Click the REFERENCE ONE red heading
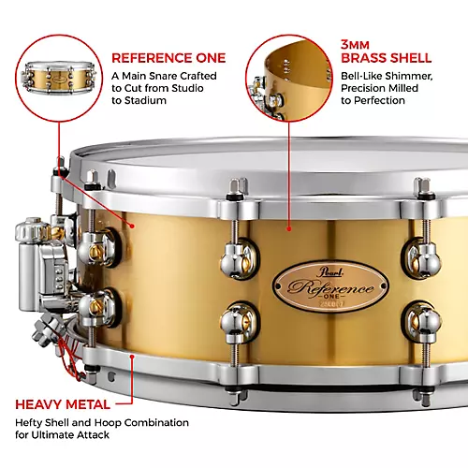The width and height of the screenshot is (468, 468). (168, 56)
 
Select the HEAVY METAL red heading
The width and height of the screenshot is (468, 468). (74, 378)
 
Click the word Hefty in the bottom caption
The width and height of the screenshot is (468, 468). (33, 398)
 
